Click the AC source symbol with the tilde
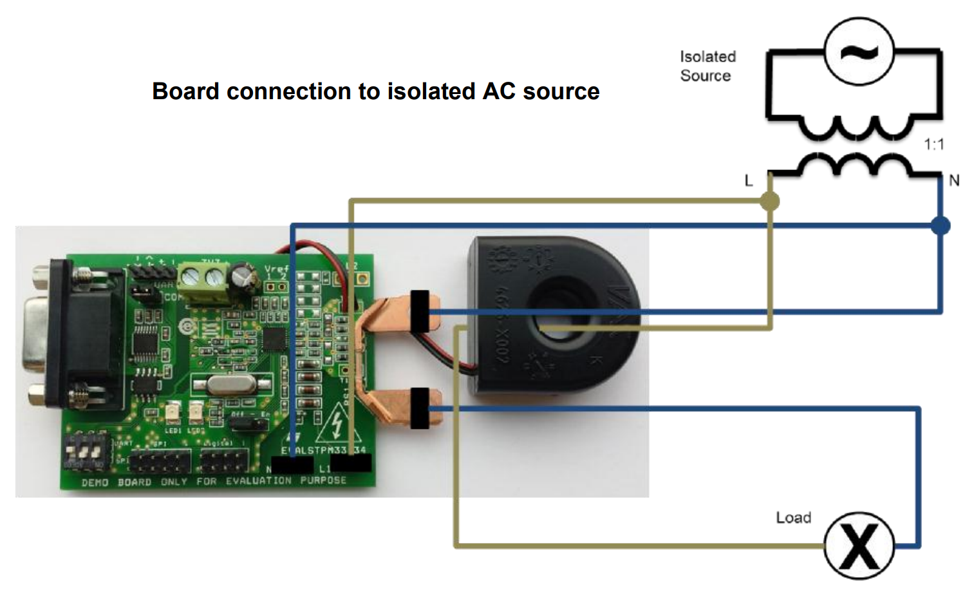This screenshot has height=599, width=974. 859,52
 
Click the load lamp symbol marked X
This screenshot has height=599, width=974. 859,546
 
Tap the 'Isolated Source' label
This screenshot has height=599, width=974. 707,66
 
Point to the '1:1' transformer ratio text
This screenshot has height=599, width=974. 933,144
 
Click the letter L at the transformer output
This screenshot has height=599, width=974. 748,181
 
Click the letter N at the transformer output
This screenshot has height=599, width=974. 954,181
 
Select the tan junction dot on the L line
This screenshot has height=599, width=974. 769,202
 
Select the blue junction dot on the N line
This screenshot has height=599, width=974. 941,225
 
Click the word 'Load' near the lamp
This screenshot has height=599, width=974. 793,518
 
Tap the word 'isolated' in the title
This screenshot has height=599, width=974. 432,91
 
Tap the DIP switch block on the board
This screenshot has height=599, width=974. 85,452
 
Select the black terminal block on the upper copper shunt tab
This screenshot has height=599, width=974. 420,312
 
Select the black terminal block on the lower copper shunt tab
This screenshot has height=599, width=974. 420,408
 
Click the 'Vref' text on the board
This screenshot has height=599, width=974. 277,269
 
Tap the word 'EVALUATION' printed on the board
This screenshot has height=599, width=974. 258,481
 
